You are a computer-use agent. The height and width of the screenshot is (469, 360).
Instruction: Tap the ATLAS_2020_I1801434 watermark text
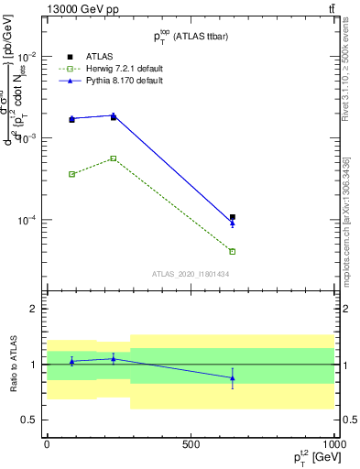(x=191, y=273)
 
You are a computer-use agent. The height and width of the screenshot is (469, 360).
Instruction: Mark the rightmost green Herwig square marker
(x=233, y=251)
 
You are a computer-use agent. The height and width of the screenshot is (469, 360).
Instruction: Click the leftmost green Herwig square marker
(x=71, y=174)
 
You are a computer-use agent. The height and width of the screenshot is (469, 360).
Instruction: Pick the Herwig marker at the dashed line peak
(x=114, y=158)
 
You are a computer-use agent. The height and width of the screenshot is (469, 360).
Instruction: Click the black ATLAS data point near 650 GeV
(x=233, y=217)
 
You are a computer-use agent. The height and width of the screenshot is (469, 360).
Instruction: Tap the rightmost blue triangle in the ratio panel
(x=233, y=377)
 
